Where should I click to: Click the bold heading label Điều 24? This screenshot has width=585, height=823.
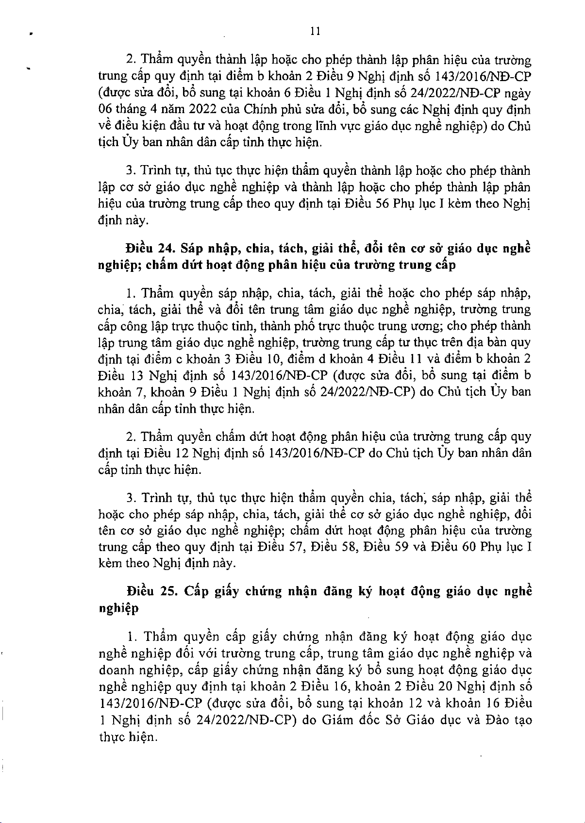tap(146, 249)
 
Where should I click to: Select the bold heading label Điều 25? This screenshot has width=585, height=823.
tap(148, 591)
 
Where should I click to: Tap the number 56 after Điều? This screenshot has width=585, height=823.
tap(384, 203)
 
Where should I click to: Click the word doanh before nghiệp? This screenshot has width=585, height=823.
tap(117, 671)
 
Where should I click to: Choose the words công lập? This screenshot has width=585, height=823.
tap(148, 326)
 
